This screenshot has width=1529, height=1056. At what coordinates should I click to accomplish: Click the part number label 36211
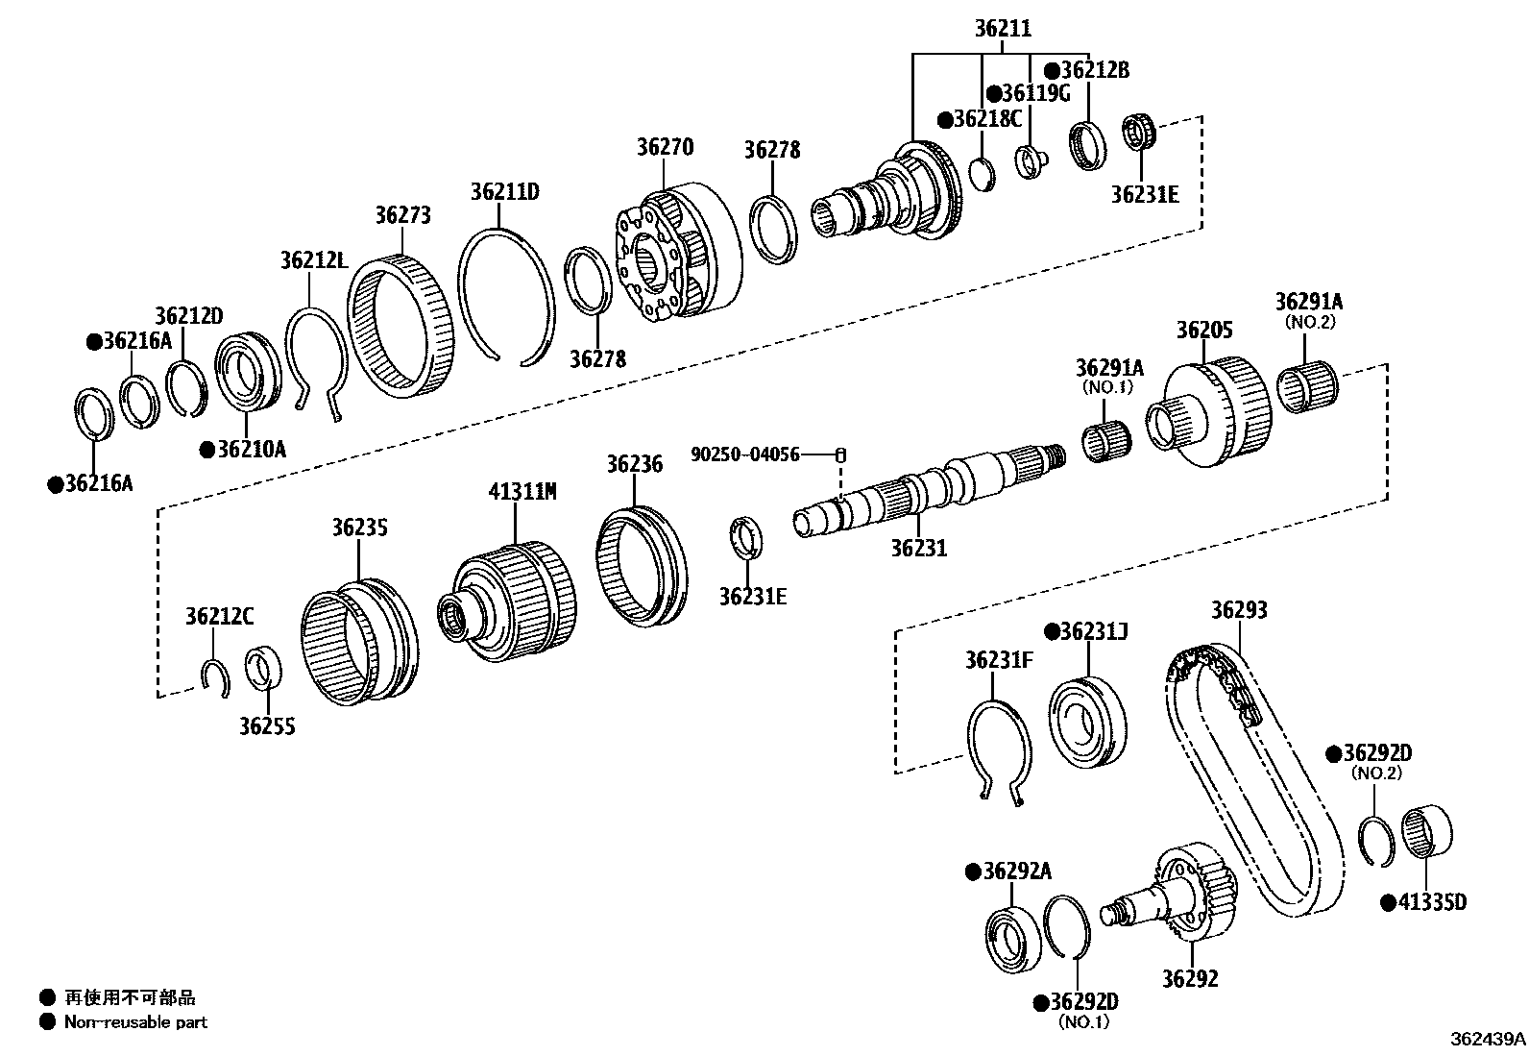coord(1003,29)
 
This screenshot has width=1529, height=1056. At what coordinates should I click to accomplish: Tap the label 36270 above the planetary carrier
coord(665,147)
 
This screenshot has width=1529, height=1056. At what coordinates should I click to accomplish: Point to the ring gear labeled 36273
coord(399,327)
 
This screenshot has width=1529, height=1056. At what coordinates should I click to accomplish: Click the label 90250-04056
coord(745,454)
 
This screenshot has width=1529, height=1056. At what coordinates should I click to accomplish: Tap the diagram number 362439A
coord(1488,1039)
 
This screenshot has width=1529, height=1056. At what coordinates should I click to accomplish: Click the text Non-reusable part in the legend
coord(135,1022)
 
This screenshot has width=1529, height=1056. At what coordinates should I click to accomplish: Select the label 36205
coord(1204,330)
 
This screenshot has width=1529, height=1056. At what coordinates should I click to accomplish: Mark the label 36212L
coord(314,259)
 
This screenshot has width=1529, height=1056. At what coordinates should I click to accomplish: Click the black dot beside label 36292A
coord(972,872)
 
